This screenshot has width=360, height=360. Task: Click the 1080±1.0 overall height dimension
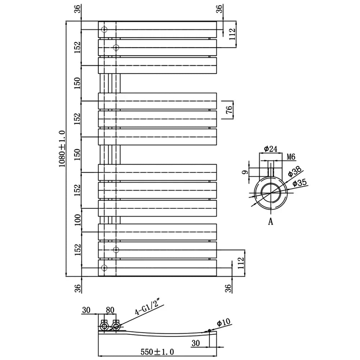click(x=62, y=149)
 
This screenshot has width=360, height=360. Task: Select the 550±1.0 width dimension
click(x=157, y=352)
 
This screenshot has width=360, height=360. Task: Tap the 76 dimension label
click(x=229, y=110)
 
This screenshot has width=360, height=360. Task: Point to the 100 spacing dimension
click(x=78, y=220)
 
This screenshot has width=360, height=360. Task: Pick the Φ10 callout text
click(x=224, y=322)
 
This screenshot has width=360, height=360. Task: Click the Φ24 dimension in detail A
click(x=271, y=149)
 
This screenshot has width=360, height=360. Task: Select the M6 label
click(x=291, y=157)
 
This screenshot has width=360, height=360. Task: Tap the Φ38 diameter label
click(x=294, y=171)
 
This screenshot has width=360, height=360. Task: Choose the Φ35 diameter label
click(x=300, y=183)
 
